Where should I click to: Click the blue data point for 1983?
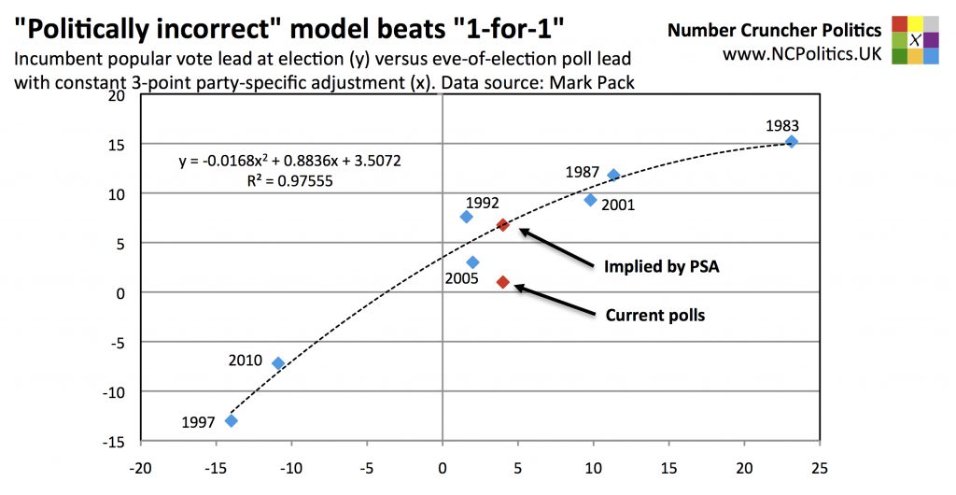point(792,142)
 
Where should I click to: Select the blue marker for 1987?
point(613,175)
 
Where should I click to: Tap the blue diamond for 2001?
point(590,200)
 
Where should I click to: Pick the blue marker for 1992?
point(467,217)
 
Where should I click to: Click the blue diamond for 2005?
point(472,262)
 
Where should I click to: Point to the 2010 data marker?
point(277,363)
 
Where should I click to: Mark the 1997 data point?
point(232,420)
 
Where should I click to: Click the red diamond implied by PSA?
point(502,225)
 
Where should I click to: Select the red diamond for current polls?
point(503,282)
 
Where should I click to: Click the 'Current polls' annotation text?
point(655,316)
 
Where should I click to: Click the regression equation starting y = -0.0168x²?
point(290,162)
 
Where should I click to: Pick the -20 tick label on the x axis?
point(140,464)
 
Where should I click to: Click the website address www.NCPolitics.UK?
point(802,54)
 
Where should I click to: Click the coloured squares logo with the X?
point(916,40)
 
